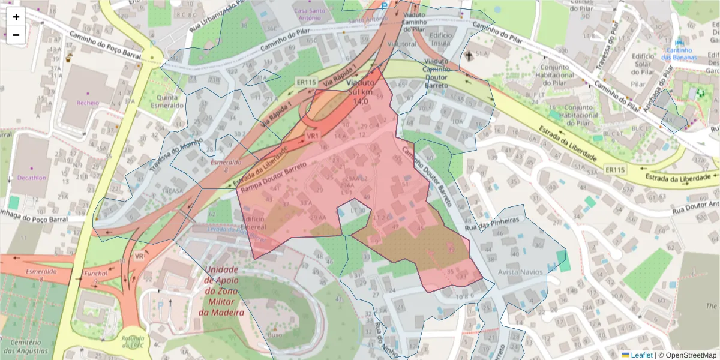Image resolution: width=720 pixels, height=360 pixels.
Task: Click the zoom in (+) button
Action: [16, 17]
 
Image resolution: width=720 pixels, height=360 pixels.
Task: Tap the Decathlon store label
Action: [28, 178]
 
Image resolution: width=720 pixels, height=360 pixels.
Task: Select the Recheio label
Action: [87, 103]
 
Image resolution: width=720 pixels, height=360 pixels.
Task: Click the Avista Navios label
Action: [520, 272]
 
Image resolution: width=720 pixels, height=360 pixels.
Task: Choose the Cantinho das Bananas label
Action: [679, 53]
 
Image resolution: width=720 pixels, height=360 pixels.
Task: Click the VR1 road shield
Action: [313, 136]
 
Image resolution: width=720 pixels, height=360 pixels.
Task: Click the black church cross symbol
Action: [469, 56]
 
